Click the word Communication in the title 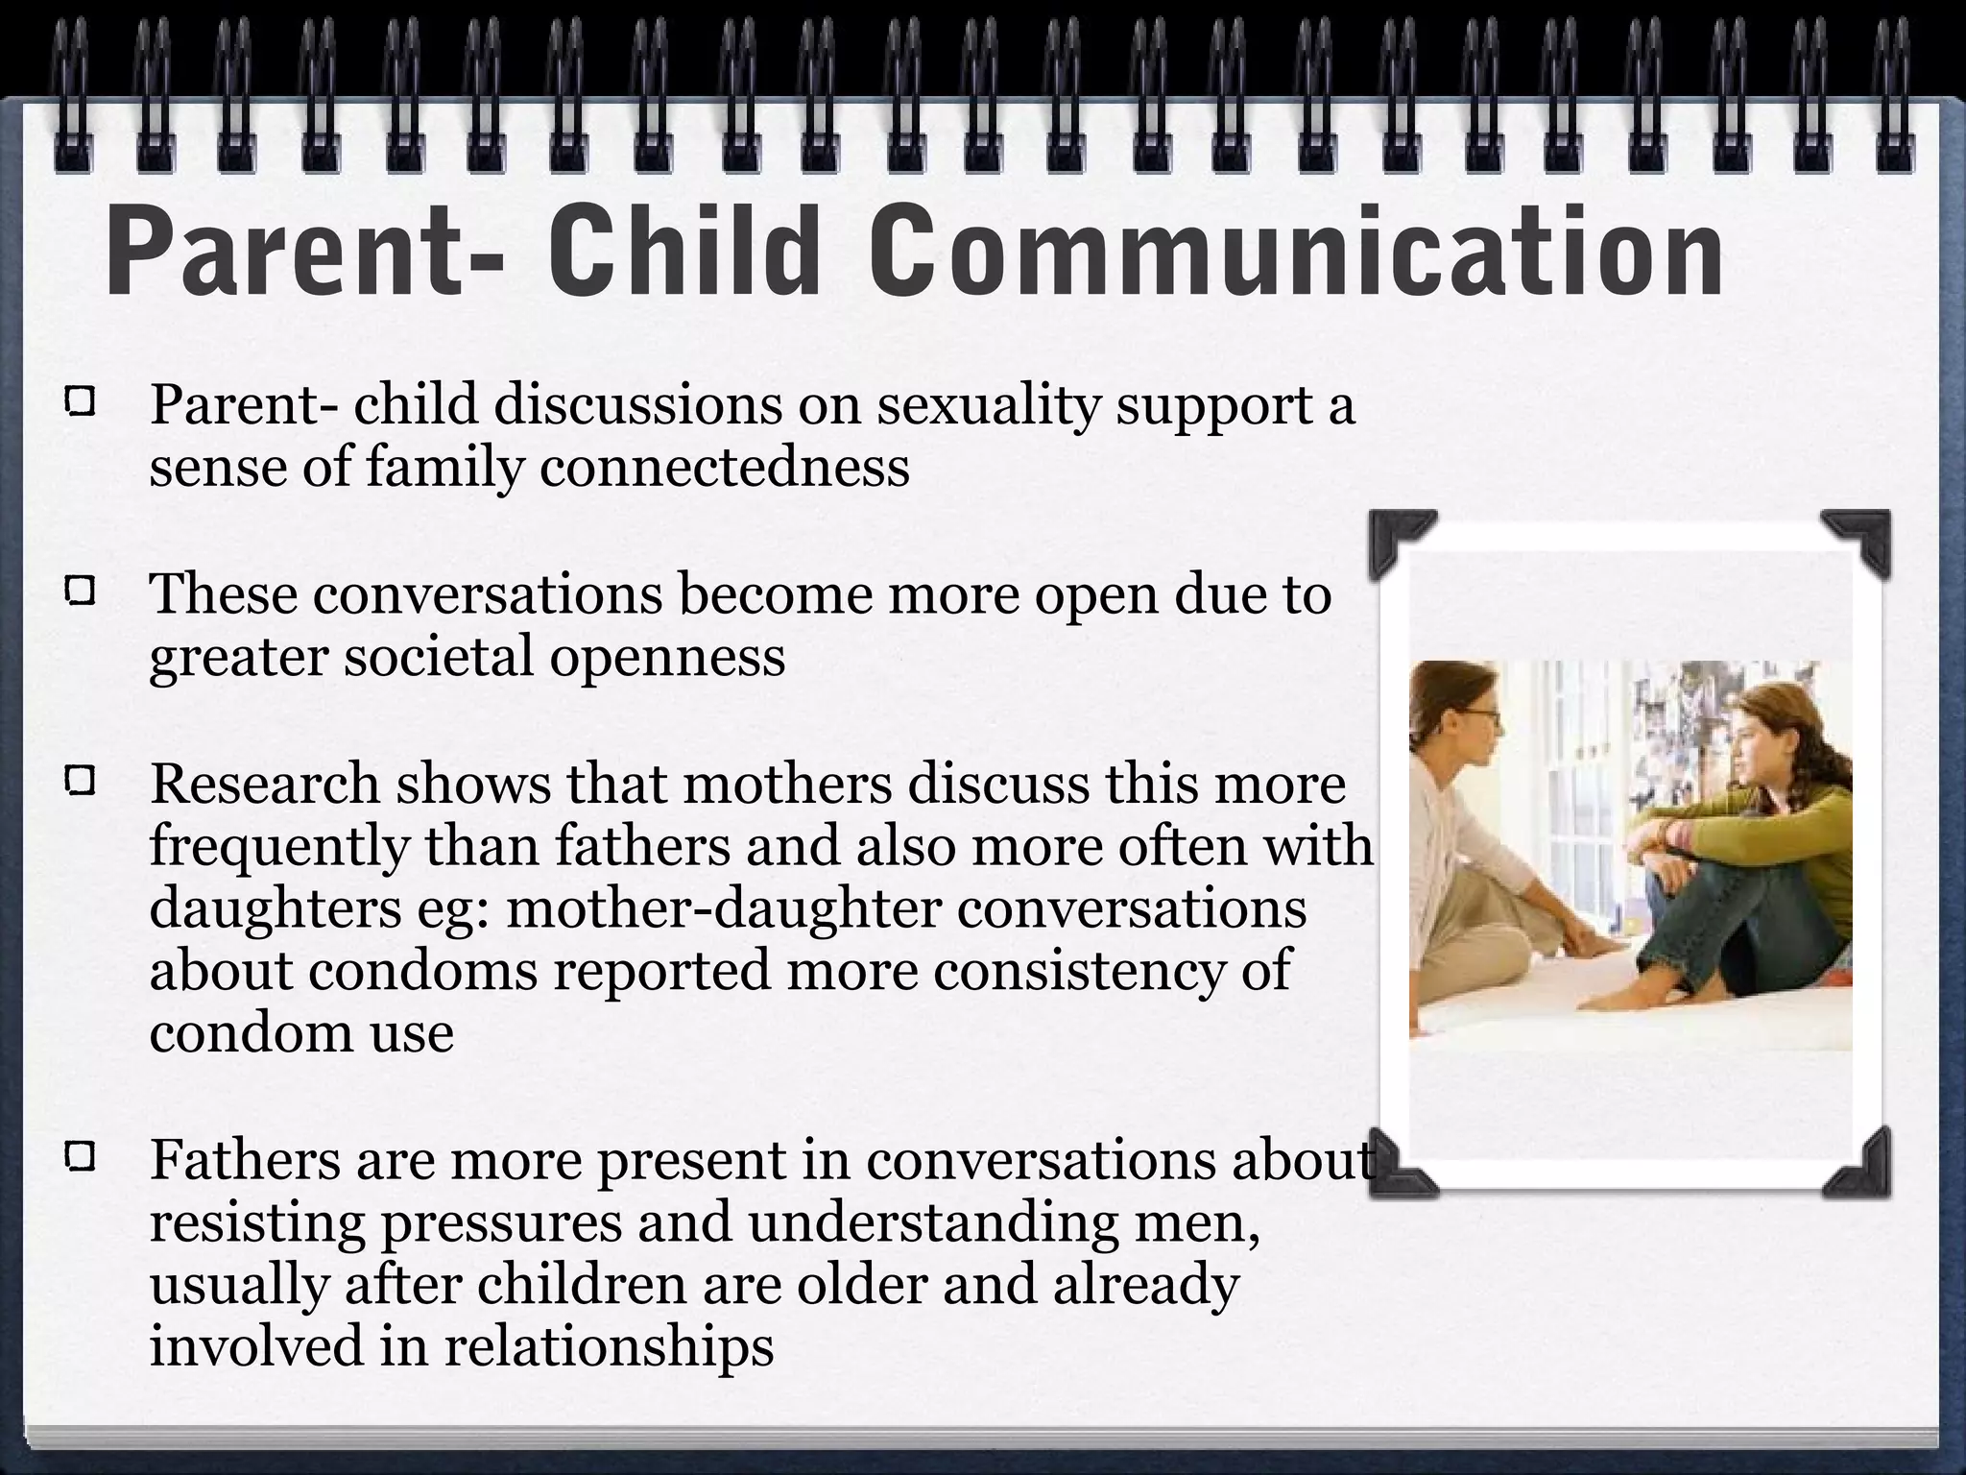coord(1296,252)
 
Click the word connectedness coord(725,468)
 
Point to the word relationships coord(609,1346)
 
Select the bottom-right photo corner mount coord(1864,1165)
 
